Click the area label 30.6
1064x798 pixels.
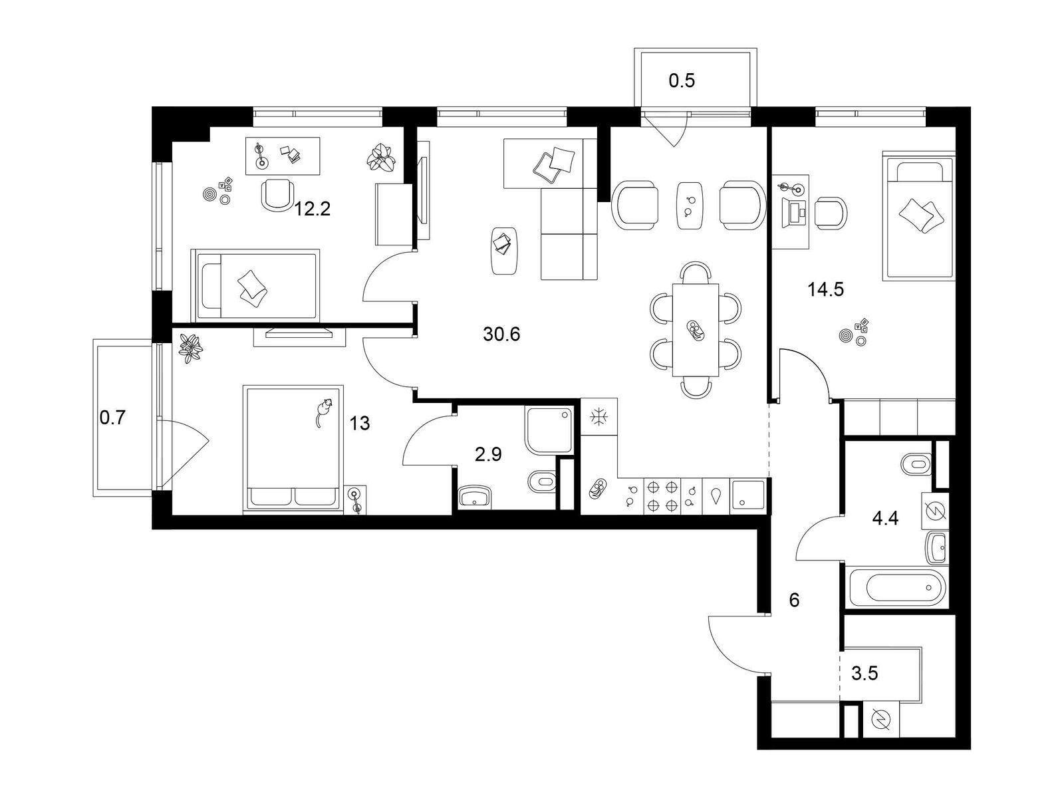[x=501, y=334]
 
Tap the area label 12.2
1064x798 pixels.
[x=313, y=209]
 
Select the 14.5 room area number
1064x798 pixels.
[x=825, y=290]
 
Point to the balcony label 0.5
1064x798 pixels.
[x=682, y=81]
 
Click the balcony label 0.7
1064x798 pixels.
[x=112, y=417]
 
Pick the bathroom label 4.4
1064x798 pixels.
[x=885, y=519]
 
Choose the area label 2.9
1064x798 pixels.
[x=488, y=454]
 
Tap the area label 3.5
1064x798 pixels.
[x=864, y=674]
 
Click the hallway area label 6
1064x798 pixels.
[x=794, y=600]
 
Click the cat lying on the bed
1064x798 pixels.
[x=323, y=412]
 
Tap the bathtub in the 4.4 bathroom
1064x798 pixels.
[x=896, y=587]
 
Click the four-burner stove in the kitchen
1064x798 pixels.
[x=662, y=495]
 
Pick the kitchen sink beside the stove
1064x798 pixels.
[x=747, y=496]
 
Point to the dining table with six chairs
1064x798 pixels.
[x=696, y=330]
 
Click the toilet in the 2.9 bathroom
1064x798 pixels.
[x=541, y=481]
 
